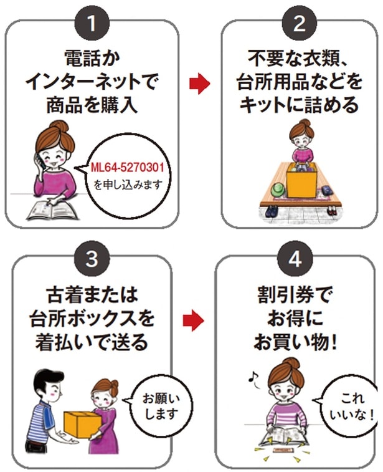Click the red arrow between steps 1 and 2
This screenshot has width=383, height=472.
tap(199, 84)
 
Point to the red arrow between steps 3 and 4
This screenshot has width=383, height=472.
tap(194, 322)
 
